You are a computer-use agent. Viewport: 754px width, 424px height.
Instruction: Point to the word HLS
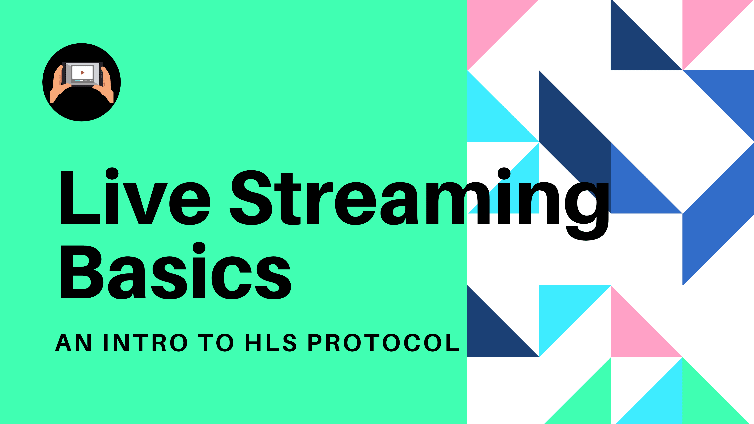point(270,343)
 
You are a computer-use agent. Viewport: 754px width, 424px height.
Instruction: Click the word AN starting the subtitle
point(73,343)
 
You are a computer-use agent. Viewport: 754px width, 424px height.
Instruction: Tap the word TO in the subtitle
point(216,343)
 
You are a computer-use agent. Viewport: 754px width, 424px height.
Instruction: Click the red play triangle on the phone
point(83,73)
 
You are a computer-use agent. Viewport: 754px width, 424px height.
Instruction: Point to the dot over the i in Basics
point(199,248)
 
